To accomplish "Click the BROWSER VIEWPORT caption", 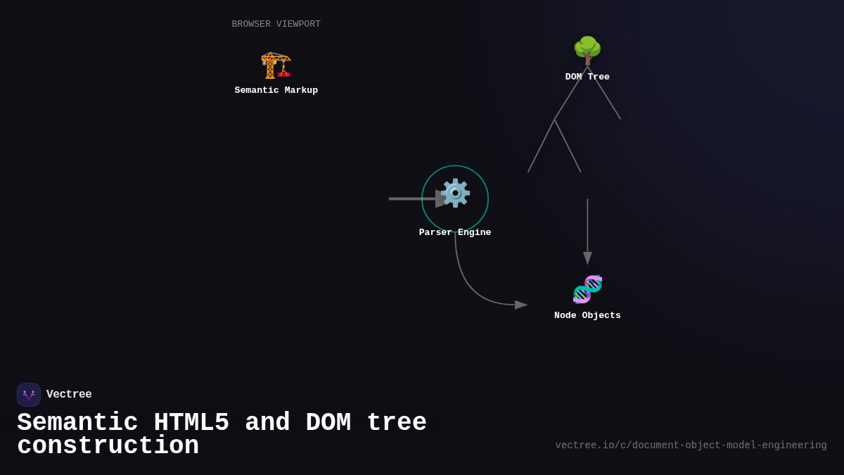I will point(276,25).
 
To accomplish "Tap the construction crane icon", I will point(276,65).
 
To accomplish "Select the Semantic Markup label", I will point(276,91).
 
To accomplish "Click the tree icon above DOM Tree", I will point(587,51).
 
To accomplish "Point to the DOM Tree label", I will point(587,77).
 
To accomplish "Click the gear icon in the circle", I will point(455,194).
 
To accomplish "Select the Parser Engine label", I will point(455,233).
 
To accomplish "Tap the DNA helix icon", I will point(587,289).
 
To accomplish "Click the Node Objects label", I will point(587,316).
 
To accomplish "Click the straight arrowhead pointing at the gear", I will point(441,199).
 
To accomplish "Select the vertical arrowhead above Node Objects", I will point(587,258).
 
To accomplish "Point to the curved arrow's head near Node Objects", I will point(520,305).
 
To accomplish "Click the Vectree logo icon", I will point(29,395).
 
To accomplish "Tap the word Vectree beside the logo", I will point(69,395).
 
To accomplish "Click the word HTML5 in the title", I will point(191,423).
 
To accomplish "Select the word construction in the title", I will point(108,447).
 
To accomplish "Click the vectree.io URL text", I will point(691,445).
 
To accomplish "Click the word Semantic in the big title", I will point(77,423).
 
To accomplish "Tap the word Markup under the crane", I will point(298,91).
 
